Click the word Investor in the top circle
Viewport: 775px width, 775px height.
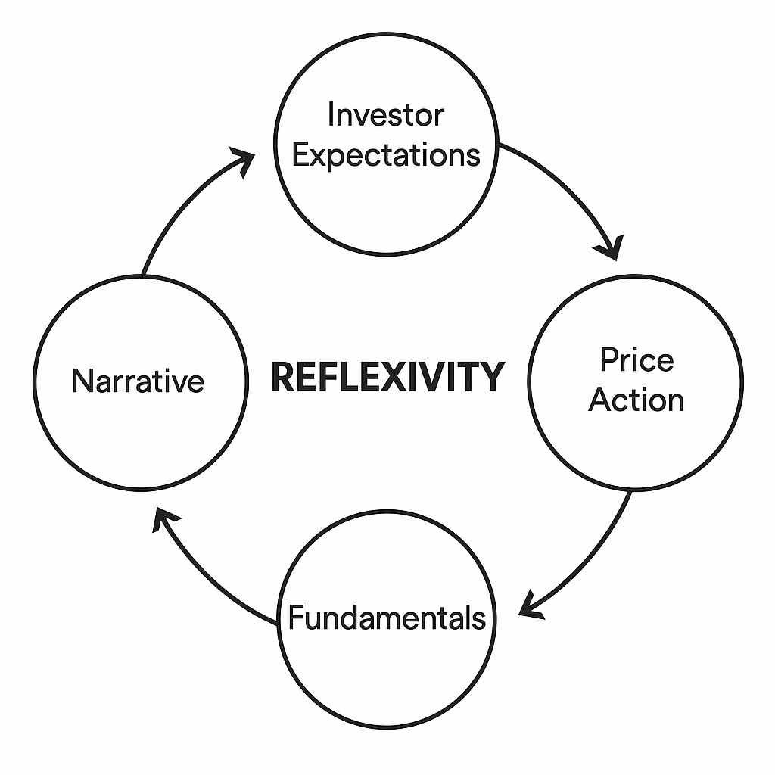click(385, 116)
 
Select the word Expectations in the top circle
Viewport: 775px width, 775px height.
click(386, 155)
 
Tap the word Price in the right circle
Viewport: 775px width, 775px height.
click(636, 359)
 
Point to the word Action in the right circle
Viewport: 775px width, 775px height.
click(636, 399)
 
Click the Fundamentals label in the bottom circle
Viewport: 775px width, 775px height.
click(387, 618)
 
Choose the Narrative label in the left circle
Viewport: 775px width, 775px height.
click(138, 381)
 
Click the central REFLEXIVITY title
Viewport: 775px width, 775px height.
click(387, 377)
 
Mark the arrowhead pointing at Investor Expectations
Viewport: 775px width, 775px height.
click(244, 160)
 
